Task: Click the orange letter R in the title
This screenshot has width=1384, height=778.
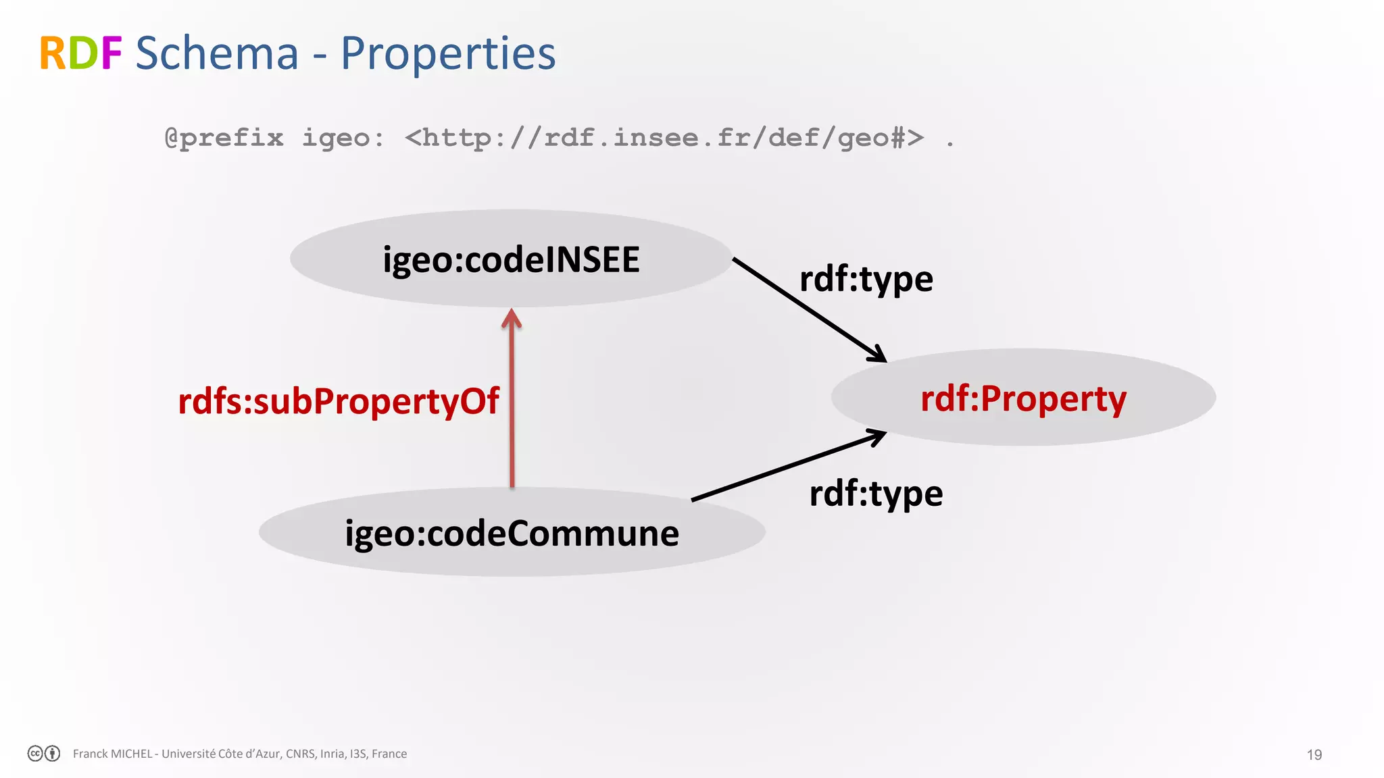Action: click(53, 54)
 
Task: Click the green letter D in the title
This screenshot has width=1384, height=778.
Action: click(82, 54)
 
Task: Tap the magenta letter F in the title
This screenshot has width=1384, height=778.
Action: click(111, 54)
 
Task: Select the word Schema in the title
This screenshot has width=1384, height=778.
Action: click(217, 54)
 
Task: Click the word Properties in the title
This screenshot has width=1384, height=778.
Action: click(448, 54)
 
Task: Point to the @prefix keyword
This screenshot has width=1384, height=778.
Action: click(224, 138)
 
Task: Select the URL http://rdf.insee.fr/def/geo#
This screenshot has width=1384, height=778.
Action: click(664, 138)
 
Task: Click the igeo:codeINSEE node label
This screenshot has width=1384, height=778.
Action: click(511, 260)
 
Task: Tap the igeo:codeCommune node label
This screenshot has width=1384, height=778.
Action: click(512, 534)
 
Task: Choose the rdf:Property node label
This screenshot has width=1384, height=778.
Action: click(1023, 398)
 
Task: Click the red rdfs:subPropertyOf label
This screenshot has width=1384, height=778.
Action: click(338, 401)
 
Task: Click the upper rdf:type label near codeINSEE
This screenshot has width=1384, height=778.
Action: click(866, 279)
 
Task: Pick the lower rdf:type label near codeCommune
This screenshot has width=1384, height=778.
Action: click(876, 494)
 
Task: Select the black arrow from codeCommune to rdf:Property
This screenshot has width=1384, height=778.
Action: click(787, 467)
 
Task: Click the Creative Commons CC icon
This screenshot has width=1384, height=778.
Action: click(36, 754)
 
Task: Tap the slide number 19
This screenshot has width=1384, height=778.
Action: click(1314, 755)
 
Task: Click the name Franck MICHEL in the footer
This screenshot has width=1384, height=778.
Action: click(112, 754)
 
